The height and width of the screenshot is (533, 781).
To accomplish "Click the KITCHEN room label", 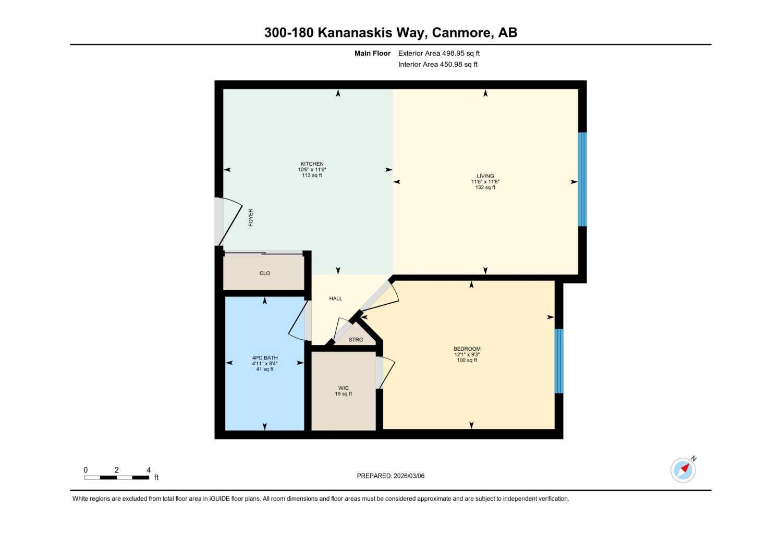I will coord(312,164).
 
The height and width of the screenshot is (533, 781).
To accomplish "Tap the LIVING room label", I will coord(485,176).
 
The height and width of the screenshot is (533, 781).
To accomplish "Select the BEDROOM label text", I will coord(467,349).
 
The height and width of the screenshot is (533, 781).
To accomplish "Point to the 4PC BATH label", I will coord(265,358).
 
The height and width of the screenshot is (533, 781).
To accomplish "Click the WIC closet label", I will coord(343,388).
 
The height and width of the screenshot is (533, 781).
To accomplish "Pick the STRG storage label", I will coord(356,340).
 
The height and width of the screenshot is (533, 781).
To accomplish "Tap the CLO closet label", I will coord(265,273).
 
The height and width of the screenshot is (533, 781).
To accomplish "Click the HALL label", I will coord(336,299).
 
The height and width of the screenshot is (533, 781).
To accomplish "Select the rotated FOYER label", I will coord(251,217).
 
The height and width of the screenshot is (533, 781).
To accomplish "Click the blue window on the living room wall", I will coord(582,179).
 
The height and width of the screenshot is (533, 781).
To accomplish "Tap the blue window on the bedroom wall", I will coord(559,361).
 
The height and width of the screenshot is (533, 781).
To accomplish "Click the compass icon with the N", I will coord(683,470).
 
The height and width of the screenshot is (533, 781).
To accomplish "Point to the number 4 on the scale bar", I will coord(149,470).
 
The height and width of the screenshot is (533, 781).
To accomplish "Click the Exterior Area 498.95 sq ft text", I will coord(439,53).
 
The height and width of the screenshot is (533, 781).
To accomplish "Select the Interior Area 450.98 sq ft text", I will coord(438,65).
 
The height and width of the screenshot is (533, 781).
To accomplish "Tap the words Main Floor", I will coord(372,53).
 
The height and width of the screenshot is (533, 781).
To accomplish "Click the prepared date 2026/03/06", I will coord(409,476).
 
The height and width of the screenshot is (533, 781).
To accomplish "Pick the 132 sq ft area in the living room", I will coord(485,188).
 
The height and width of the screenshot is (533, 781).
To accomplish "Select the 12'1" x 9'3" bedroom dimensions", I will coord(467,355).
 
